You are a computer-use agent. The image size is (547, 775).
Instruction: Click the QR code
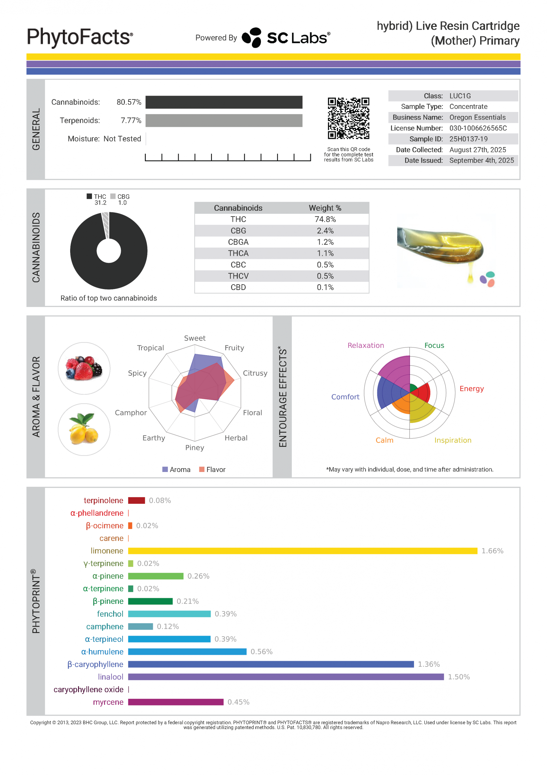pyautogui.click(x=348, y=118)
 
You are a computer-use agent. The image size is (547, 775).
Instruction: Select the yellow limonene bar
pyautogui.click(x=302, y=551)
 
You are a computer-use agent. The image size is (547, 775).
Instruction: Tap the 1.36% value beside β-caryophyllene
pyautogui.click(x=429, y=664)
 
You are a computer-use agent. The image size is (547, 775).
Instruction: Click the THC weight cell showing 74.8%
pyautogui.click(x=325, y=219)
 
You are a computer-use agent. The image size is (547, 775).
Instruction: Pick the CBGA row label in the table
pyautogui.click(x=238, y=242)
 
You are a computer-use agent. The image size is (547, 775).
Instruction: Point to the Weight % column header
pyautogui.click(x=325, y=208)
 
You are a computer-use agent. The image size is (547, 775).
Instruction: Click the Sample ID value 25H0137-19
pyautogui.click(x=468, y=139)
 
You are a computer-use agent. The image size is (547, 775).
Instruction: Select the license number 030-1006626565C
pyautogui.click(x=478, y=128)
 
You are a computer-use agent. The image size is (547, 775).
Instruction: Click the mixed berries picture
pyautogui.click(x=84, y=368)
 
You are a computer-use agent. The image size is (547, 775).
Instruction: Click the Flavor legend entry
pyautogui.click(x=212, y=469)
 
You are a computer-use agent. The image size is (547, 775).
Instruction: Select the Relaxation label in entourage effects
pyautogui.click(x=366, y=345)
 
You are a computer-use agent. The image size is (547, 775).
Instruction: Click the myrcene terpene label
pyautogui.click(x=108, y=702)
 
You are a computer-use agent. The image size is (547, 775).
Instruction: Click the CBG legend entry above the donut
pyautogui.click(x=120, y=196)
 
